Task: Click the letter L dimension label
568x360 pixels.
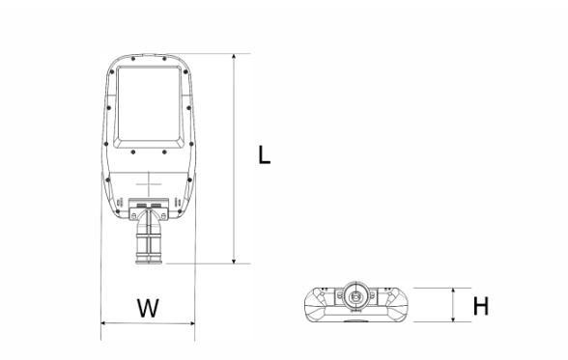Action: click(265, 154)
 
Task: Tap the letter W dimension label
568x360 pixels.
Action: click(148, 308)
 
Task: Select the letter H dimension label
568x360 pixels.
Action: click(481, 306)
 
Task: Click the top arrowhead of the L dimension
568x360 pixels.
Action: click(234, 57)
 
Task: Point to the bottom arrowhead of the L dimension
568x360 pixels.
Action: click(234, 261)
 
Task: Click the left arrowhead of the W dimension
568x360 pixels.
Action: click(104, 323)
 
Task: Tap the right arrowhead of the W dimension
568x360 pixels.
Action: click(191, 323)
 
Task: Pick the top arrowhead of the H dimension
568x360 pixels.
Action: click(453, 291)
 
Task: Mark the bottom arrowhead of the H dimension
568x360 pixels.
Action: click(453, 318)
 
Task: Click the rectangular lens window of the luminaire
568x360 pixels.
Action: click(149, 107)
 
